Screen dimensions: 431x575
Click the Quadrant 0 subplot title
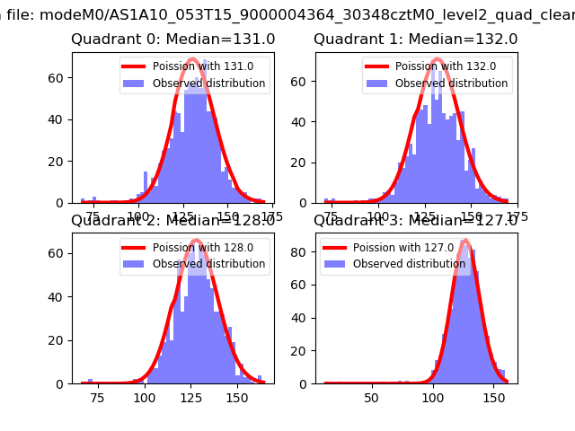[x=173, y=40]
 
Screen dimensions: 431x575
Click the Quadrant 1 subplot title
[x=416, y=40]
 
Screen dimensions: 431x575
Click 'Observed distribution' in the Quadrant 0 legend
[x=209, y=84]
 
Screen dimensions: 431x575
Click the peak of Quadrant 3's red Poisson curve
[x=465, y=241]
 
